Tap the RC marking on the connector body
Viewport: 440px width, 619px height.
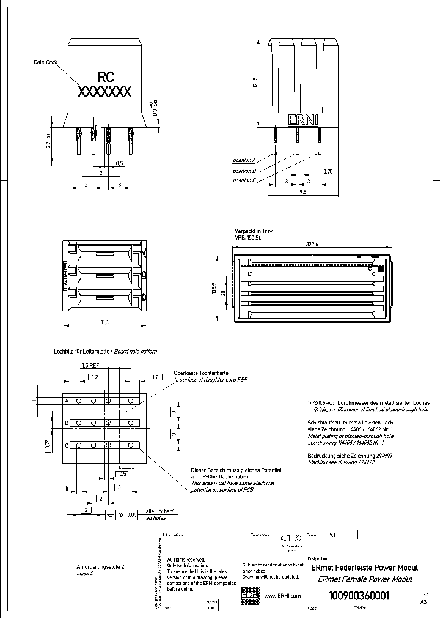[105, 77]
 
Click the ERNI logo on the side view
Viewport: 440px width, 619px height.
[302, 120]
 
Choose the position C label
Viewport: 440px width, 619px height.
[244, 180]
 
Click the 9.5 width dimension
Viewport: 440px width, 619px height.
[302, 192]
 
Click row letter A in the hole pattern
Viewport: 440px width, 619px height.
[67, 400]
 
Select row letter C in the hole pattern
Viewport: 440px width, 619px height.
[67, 445]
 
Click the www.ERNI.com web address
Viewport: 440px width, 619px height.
[282, 595]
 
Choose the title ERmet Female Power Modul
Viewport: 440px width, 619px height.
[362, 579]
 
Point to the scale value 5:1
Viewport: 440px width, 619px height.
[332, 535]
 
